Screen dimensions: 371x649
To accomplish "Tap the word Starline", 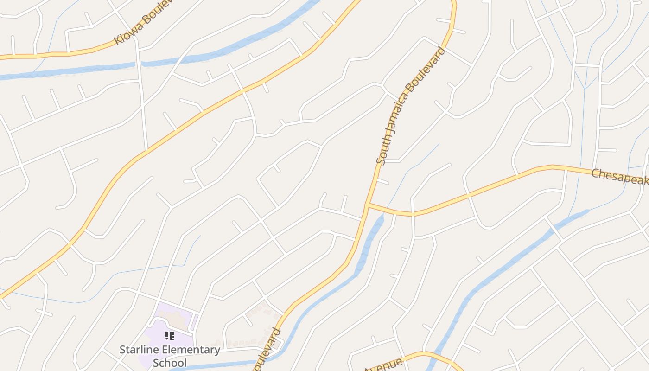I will (x=139, y=350).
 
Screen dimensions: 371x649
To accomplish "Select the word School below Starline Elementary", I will (x=170, y=363).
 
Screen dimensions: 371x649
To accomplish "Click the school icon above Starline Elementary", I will (x=170, y=335).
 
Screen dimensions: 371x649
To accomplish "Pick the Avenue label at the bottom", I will (x=383, y=365).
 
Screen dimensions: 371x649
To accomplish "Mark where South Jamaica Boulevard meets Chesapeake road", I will (x=367, y=205).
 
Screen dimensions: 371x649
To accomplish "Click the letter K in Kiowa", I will (x=118, y=40).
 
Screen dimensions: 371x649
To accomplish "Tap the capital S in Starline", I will (x=123, y=350).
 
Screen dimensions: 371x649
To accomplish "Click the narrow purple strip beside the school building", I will (x=195, y=321).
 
